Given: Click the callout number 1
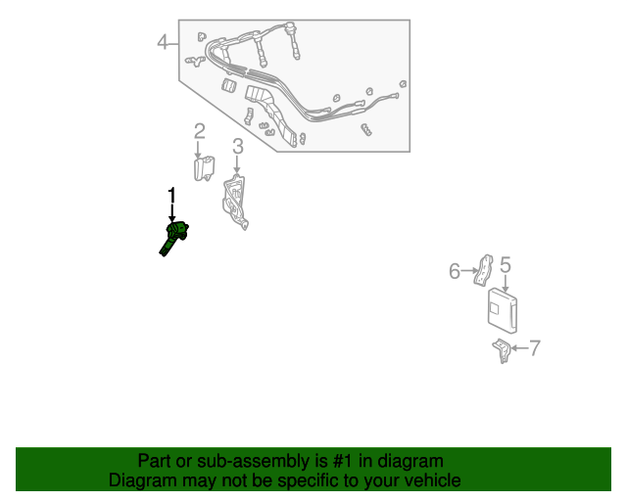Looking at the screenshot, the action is tap(171, 196).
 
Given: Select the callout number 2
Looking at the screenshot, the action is tap(200, 131).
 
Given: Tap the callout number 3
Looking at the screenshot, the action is tap(238, 146).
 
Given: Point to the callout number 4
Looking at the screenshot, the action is tap(162, 41).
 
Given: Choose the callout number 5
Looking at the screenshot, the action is tap(506, 265).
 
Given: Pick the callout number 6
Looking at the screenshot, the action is tap(455, 271).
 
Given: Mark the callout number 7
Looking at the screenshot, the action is tap(535, 348).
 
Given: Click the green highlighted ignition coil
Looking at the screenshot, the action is tap(173, 239).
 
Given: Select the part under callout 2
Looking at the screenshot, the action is tap(204, 168).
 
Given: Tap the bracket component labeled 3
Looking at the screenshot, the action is tap(235, 202).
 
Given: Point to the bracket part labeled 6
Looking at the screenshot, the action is tap(483, 270).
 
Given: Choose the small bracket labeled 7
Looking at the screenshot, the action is tap(502, 350).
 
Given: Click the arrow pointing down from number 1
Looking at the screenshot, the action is tap(172, 212).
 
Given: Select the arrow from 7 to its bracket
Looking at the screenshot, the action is tap(520, 348).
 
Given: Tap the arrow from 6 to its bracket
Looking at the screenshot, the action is tap(469, 271).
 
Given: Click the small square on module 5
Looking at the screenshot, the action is tap(495, 307).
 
